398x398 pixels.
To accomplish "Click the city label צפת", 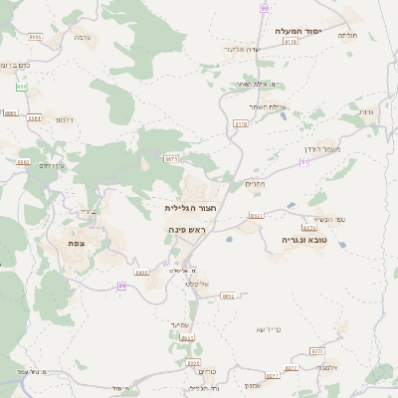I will (76, 243).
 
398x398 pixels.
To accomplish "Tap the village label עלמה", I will (83, 37).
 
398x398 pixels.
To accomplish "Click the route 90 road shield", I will (265, 8).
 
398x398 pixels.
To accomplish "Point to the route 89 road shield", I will (122, 286).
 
